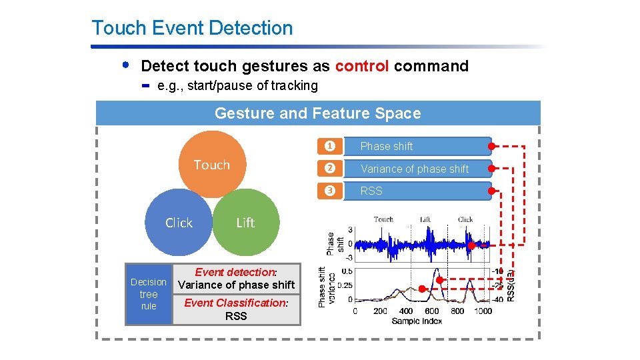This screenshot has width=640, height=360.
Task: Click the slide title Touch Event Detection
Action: click(192, 28)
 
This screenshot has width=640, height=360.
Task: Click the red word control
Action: click(362, 66)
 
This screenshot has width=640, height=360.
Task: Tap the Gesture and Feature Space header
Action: click(317, 113)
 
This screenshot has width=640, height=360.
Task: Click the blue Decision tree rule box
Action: click(149, 294)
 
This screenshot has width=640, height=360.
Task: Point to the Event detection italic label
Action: click(235, 272)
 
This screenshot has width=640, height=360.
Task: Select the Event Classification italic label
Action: click(235, 303)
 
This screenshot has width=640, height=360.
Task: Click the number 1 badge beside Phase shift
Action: click(328, 146)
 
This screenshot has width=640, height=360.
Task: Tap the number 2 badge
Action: click(328, 169)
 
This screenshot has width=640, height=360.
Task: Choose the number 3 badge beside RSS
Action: click(328, 191)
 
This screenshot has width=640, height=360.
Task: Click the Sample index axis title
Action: click(416, 321)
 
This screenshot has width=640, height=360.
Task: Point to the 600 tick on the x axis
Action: click(431, 311)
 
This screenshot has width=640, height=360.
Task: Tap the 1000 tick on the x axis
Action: click(483, 311)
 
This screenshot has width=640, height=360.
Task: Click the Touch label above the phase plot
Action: click(383, 219)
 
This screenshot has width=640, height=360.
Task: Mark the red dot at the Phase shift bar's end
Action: click(491, 146)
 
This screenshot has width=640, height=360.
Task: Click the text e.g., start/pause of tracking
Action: click(237, 85)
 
